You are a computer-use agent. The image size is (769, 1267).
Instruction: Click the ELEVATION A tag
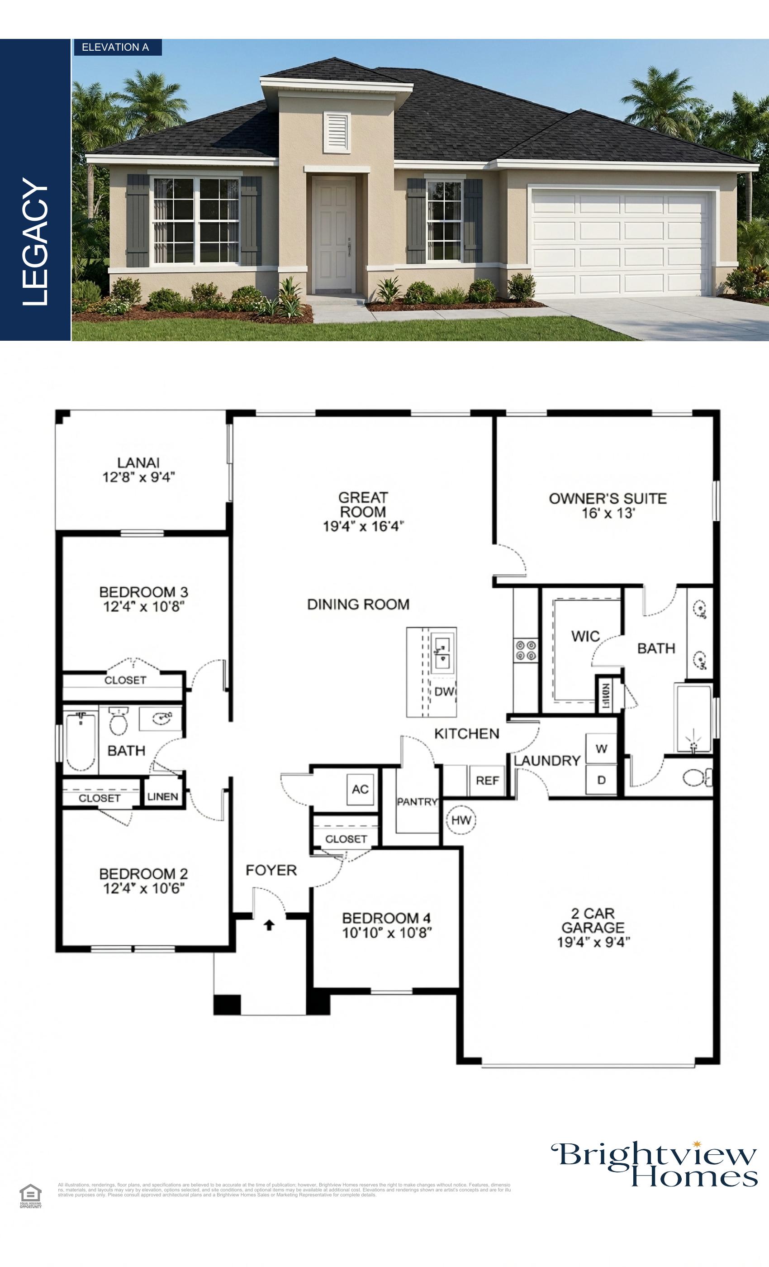click(x=116, y=48)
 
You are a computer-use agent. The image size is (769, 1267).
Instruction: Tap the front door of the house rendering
click(x=335, y=233)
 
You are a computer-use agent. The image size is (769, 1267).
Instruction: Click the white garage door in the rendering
click(x=622, y=242)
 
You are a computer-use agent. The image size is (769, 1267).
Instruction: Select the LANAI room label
click(x=138, y=463)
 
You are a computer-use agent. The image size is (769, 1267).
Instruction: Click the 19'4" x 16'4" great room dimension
click(x=363, y=527)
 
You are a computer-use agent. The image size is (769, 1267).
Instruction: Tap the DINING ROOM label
click(x=358, y=604)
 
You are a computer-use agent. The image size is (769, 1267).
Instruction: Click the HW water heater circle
click(x=461, y=820)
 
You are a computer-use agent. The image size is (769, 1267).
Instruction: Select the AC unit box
click(x=361, y=789)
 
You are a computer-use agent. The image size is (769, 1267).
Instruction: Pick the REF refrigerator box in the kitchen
click(x=487, y=781)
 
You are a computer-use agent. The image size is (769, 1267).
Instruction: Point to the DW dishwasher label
click(x=444, y=691)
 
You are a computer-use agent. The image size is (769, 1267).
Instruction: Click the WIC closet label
click(x=585, y=637)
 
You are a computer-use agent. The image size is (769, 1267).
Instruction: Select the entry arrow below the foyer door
click(x=269, y=925)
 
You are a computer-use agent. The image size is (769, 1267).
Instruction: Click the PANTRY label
click(x=417, y=802)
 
